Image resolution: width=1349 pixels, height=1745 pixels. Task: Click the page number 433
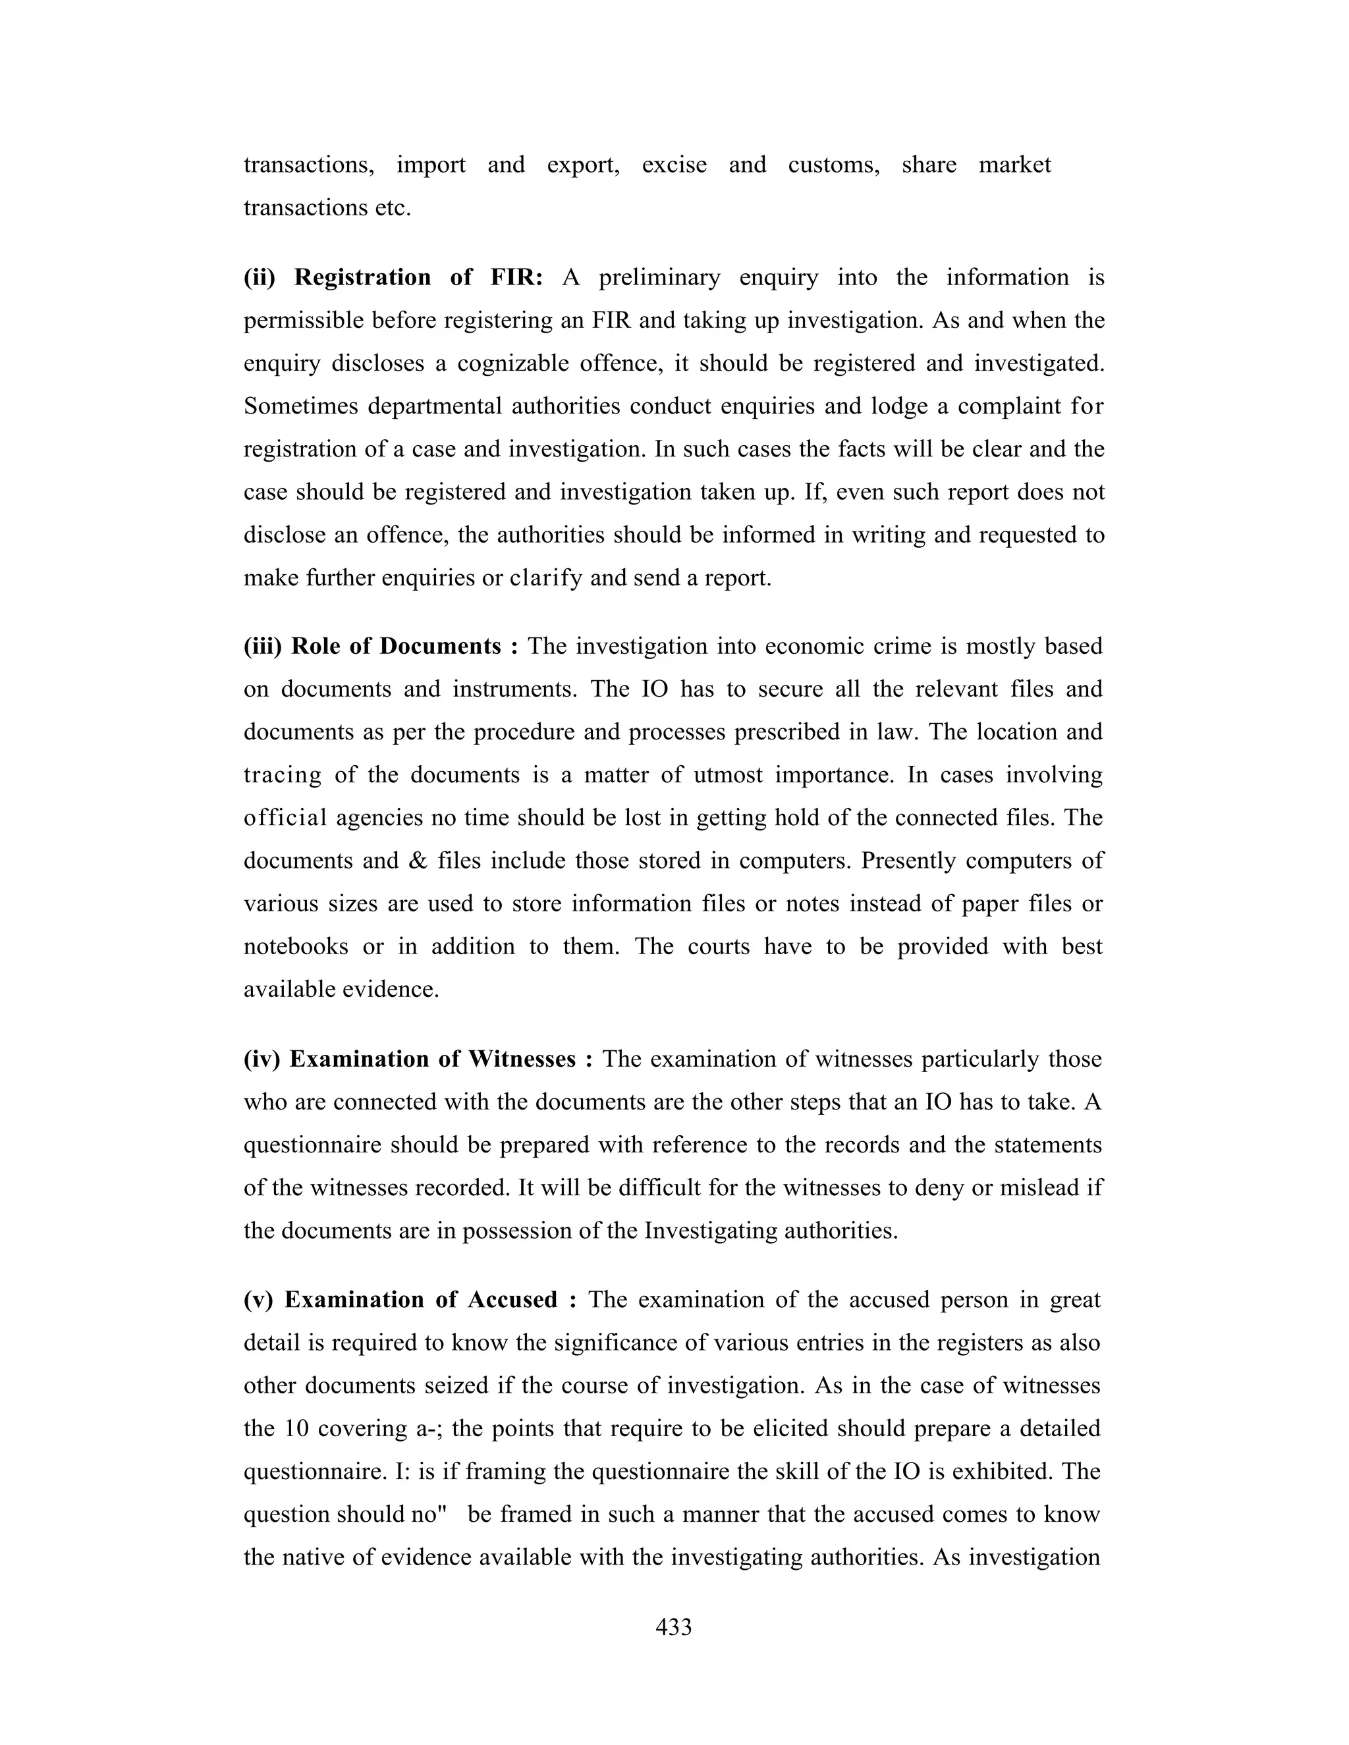tap(673, 1628)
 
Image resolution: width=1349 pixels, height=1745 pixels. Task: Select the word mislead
tap(1038, 1187)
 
